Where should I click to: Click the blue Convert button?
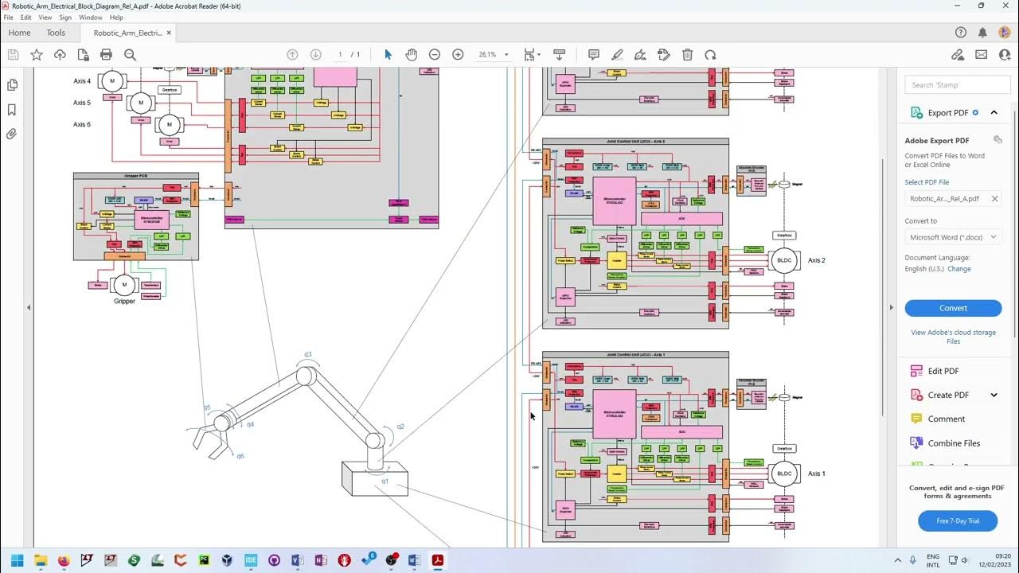click(953, 308)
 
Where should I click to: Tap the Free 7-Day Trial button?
click(957, 520)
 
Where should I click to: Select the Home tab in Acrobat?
click(19, 33)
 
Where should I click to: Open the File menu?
click(9, 18)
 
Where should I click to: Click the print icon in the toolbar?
click(106, 55)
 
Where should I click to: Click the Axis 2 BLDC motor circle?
click(784, 260)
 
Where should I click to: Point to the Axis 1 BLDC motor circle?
click(784, 474)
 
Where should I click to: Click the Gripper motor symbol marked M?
click(124, 285)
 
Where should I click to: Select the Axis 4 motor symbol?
click(112, 81)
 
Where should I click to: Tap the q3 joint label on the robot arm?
click(307, 354)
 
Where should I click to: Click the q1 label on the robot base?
click(385, 481)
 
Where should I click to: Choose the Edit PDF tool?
click(943, 371)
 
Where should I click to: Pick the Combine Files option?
click(954, 443)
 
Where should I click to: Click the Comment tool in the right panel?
click(946, 419)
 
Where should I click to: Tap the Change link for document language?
click(958, 269)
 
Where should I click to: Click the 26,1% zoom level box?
click(487, 55)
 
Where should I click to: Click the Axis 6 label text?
click(82, 124)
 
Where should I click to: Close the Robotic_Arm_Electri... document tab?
click(169, 33)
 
